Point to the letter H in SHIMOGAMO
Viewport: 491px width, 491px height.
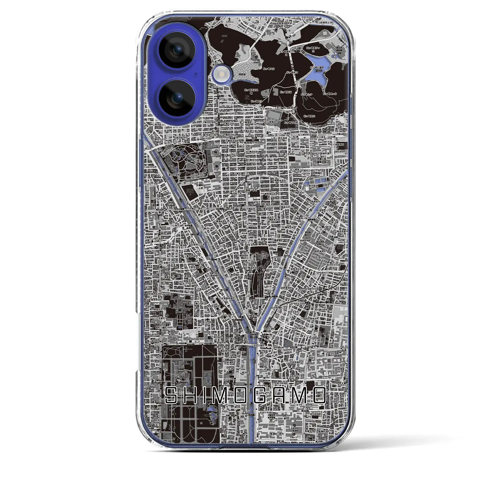pos(192,395)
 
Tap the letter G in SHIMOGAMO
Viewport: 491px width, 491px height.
pos(262,395)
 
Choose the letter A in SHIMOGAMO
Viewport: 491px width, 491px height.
pos(281,395)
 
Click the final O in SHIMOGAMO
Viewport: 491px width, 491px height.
pos(319,395)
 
